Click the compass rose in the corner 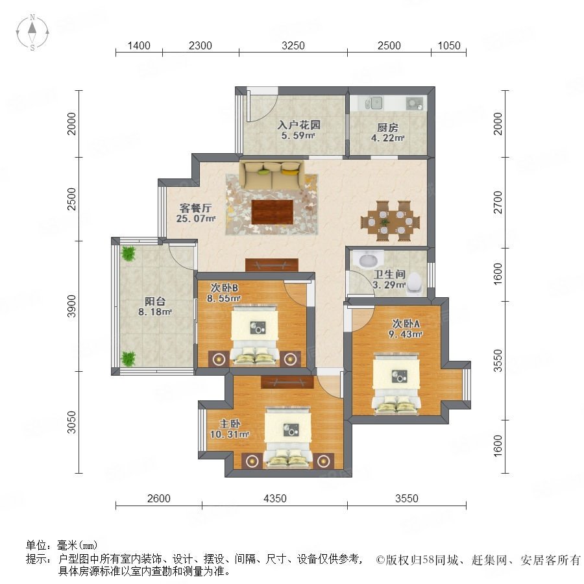32,32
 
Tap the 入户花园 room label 298,125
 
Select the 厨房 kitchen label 388,128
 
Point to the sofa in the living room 271,175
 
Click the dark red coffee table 273,212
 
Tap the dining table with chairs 390,221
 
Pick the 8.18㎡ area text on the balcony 155,311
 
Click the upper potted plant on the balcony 128,253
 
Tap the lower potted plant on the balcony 128,359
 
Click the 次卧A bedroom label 406,324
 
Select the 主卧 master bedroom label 230,424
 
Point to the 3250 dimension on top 293,45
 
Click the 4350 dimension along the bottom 275,498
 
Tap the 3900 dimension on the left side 72,306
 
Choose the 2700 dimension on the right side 498,202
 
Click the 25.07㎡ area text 196,219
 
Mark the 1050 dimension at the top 449,45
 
